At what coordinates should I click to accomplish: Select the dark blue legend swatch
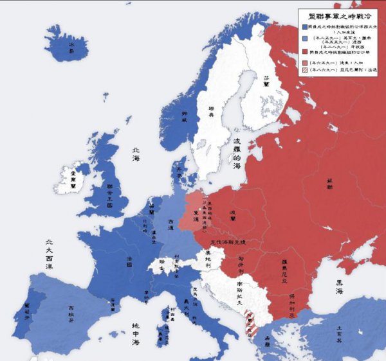pos(304,28)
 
